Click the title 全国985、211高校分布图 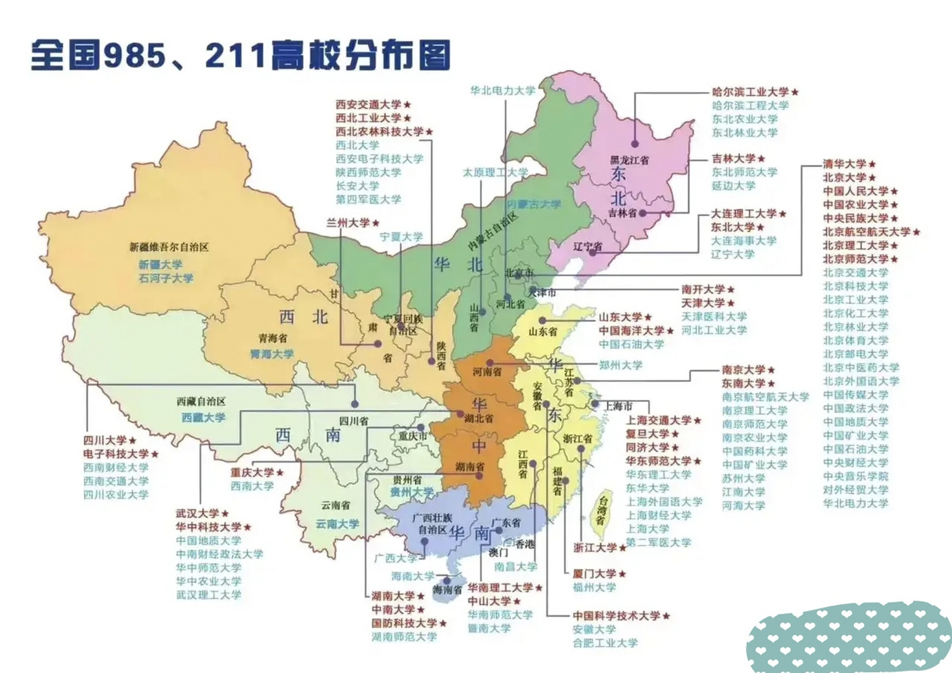240,55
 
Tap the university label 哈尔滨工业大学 750,92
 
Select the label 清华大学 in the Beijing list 844,164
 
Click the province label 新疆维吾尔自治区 169,247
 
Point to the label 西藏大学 203,417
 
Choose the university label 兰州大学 348,223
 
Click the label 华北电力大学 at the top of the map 502,90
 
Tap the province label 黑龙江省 629,160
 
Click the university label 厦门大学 594,574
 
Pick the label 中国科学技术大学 616,616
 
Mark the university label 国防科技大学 404,623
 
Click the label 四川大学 105,440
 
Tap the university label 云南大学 337,524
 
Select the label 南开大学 703,289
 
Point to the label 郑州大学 620,364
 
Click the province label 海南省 447,590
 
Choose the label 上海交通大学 658,420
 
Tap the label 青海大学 272,354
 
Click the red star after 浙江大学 623,548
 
